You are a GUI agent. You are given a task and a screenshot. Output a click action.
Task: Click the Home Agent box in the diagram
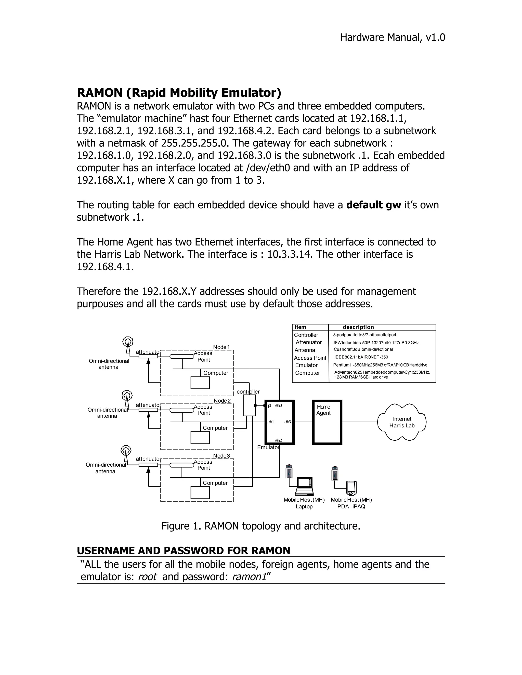tap(327, 422)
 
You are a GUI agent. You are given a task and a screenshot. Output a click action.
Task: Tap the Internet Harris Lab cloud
tap(402, 422)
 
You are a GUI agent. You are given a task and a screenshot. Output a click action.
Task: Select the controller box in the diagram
tap(249, 405)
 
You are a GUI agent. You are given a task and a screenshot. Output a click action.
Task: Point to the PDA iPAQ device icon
tap(351, 488)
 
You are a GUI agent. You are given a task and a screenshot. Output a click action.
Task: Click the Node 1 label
tap(221, 347)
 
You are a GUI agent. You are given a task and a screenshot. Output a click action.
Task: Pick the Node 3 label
tap(221, 456)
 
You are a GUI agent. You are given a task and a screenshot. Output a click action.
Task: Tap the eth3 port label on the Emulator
tap(288, 422)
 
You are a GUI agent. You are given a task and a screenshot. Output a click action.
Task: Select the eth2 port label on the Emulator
tap(278, 440)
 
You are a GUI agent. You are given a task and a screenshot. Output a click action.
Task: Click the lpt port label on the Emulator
tap(269, 406)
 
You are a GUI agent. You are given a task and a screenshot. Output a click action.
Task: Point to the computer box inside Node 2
tap(200, 438)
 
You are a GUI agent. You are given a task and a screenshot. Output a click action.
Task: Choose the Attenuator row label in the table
tap(309, 342)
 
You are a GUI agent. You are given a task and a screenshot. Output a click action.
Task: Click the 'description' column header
tap(358, 327)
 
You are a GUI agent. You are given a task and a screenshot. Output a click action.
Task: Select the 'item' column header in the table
tap(300, 327)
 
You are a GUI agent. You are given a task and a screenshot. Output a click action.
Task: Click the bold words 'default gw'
tap(374, 205)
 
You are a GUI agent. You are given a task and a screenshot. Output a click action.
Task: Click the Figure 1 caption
tap(261, 526)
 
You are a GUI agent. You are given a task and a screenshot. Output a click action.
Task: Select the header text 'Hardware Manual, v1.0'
tap(393, 37)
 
